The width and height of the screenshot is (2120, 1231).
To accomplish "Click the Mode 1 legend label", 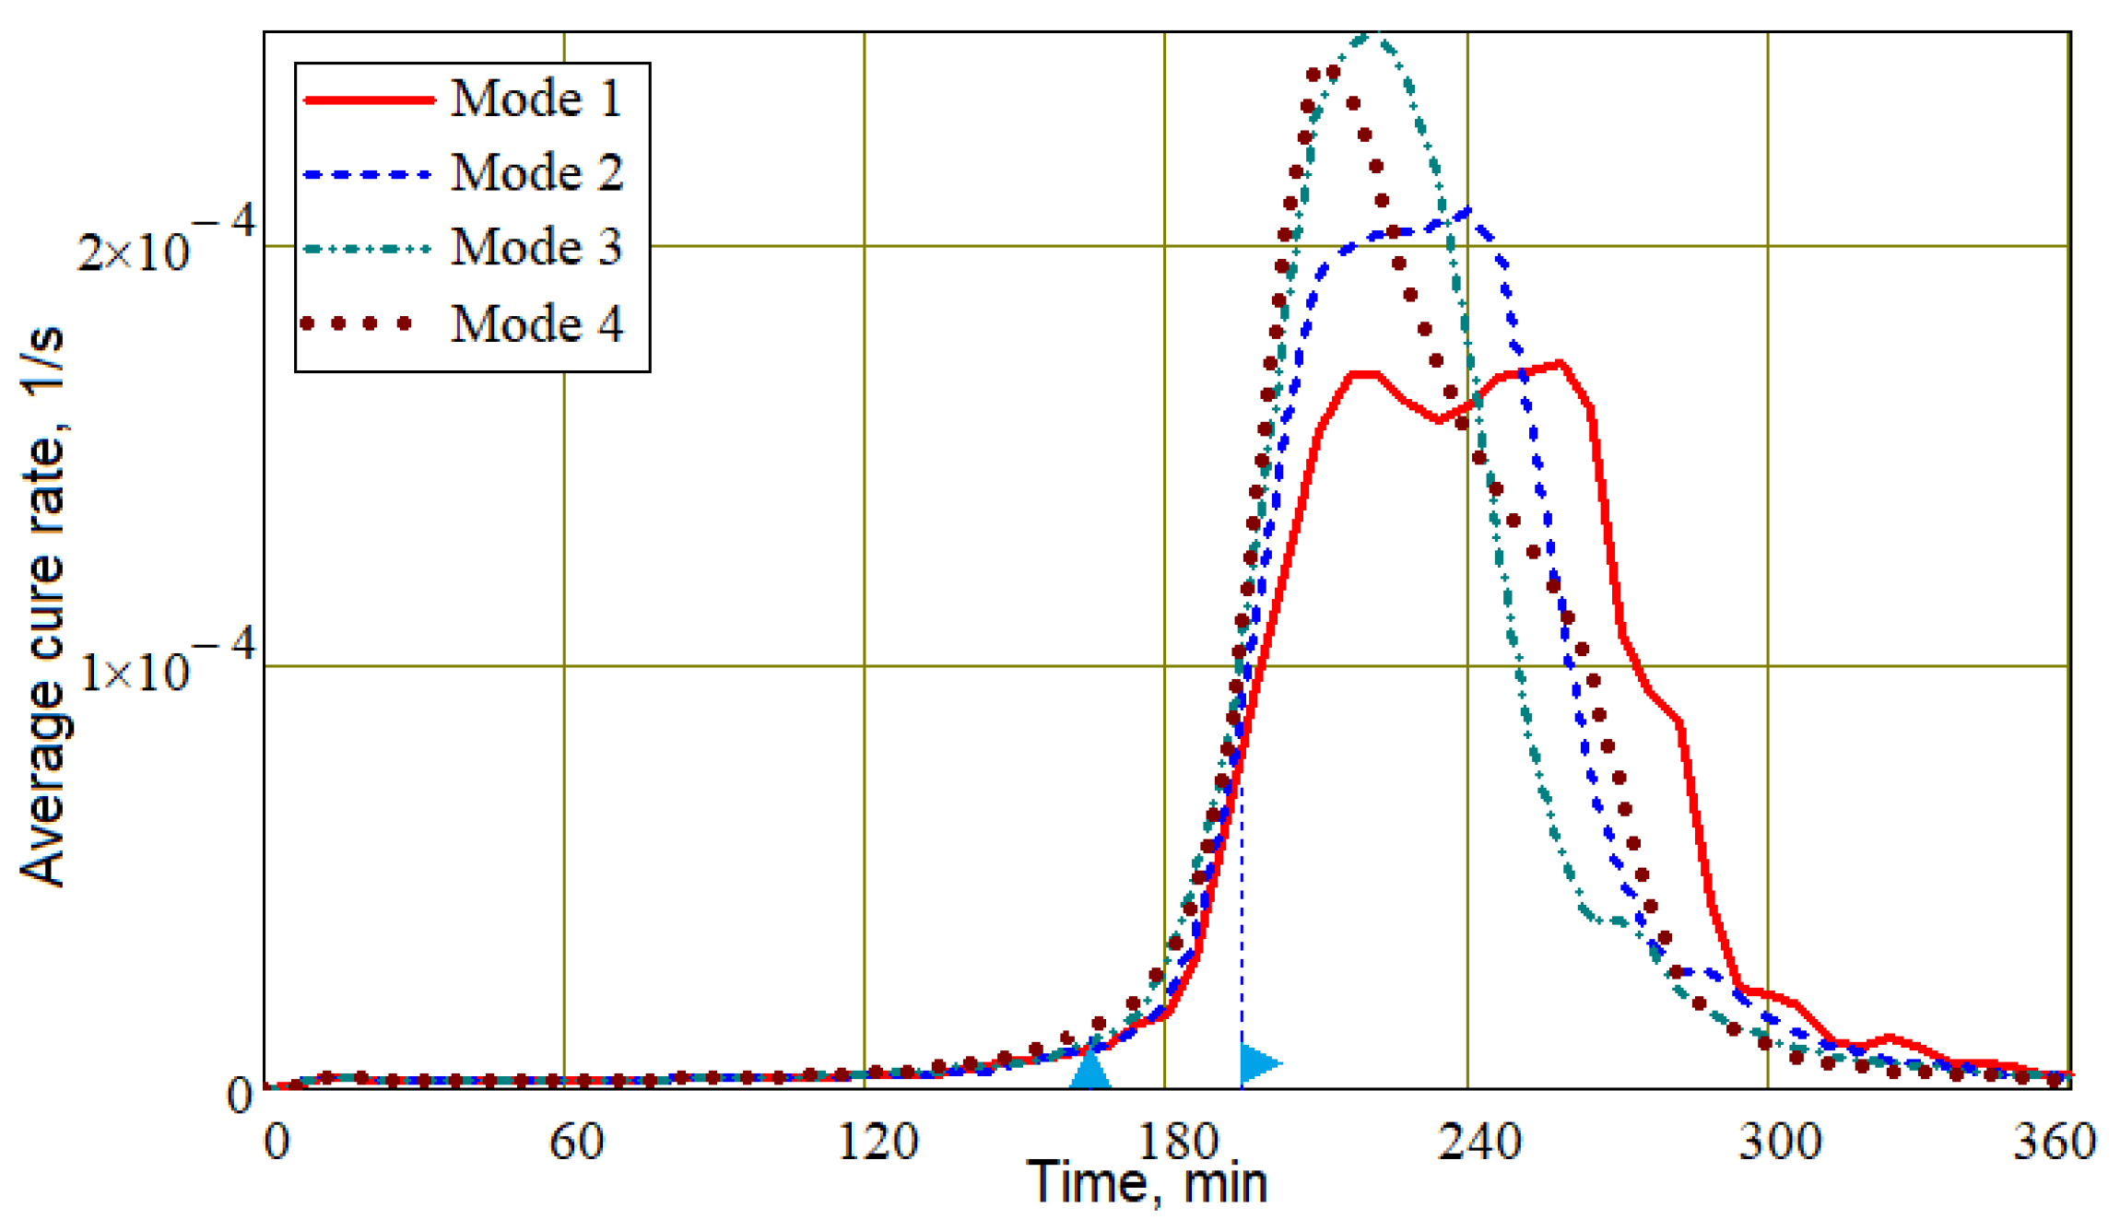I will click(x=536, y=98).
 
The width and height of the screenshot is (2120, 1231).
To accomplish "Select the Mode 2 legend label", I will click(x=536, y=172).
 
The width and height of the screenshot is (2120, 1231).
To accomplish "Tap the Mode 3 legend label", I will click(x=536, y=247).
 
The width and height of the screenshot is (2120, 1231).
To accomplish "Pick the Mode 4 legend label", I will click(x=536, y=323).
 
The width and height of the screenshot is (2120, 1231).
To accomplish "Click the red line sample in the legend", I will click(x=369, y=99).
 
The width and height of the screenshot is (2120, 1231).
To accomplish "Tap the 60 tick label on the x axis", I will click(x=576, y=1143).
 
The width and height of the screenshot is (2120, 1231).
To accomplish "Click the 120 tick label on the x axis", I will click(x=877, y=1143).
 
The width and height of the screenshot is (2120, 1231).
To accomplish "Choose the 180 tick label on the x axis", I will click(x=1178, y=1143).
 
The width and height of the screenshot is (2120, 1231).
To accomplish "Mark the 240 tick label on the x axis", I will click(x=1479, y=1143).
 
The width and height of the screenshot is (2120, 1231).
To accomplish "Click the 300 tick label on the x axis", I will click(x=1780, y=1143).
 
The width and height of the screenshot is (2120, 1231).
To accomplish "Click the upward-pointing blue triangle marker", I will click(x=1090, y=1071).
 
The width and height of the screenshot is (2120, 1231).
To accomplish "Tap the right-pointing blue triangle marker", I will click(x=1258, y=1063).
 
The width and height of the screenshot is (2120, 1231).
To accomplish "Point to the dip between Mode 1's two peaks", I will click(x=1439, y=420).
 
